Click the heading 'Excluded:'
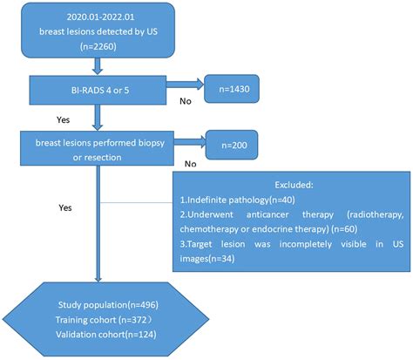click(x=291, y=184)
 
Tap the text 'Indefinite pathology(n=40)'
click(x=240, y=200)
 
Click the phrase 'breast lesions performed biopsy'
click(x=85, y=142)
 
